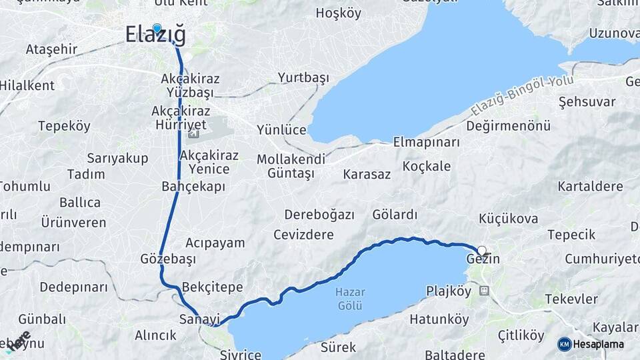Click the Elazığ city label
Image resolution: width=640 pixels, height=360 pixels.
156,36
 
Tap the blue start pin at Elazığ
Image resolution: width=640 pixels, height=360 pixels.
157,29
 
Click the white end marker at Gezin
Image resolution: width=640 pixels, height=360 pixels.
482,251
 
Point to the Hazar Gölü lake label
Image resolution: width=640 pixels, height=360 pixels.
349,299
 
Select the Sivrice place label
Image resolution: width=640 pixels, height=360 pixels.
241,354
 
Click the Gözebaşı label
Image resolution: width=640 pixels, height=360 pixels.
168,259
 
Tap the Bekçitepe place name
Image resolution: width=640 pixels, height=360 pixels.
213,287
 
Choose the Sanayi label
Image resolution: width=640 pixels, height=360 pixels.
195,319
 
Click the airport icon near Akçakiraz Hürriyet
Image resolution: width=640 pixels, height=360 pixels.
193,135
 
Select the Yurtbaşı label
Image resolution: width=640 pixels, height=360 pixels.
303,78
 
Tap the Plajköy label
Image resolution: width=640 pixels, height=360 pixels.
449,291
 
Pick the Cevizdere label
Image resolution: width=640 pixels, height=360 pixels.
303,235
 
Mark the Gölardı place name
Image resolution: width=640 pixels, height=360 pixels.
395,215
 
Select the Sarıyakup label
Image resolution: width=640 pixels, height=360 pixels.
112,158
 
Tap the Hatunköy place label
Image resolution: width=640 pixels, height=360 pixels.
439,319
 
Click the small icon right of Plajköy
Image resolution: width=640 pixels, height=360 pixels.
484,291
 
